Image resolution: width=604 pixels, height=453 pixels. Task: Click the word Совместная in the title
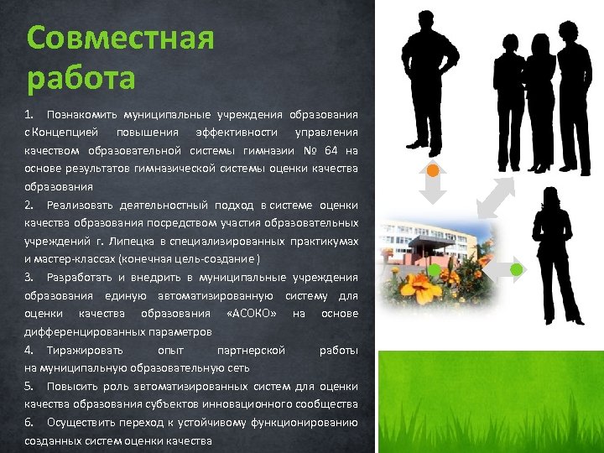pos(121,38)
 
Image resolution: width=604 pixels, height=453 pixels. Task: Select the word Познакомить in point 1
pos(81,114)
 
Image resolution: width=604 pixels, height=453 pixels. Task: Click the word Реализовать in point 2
pos(81,206)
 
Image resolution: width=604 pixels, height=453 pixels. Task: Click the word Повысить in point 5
pos(74,386)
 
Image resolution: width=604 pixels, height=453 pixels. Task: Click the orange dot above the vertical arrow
pos(431,170)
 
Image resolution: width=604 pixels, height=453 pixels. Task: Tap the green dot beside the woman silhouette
pos(517,269)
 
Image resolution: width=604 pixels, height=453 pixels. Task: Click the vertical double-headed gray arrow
pos(431,189)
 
